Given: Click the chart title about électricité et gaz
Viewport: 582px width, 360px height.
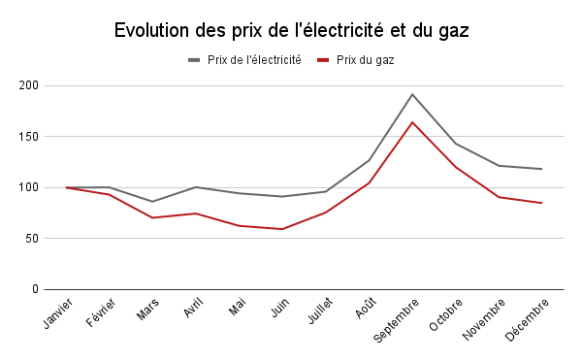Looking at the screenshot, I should pos(291,30).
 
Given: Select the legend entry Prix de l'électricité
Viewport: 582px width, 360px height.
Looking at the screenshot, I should pos(253,60).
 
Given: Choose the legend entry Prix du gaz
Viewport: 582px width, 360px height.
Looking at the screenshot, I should pos(365,60).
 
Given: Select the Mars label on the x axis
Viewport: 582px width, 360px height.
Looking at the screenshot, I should pos(147,309).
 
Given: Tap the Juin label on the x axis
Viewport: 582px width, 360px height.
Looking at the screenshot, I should pos(278,308).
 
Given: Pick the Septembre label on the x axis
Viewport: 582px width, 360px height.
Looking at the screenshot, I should pos(396,319).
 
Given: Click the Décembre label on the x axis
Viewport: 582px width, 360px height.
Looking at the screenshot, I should pos(528,317).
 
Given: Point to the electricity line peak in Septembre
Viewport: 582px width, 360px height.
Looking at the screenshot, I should pos(412,94).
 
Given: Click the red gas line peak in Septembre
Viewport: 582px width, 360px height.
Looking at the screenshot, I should pos(412,122).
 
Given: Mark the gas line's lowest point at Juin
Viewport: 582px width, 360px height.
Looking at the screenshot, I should pos(282,229).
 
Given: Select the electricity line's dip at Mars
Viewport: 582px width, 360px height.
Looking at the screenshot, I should pos(152,202).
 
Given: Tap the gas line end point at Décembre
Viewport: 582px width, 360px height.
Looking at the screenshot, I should pos(541,203).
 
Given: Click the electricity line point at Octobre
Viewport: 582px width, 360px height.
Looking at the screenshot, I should pos(456,144).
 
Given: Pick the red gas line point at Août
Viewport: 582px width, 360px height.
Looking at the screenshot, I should pos(369,182).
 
